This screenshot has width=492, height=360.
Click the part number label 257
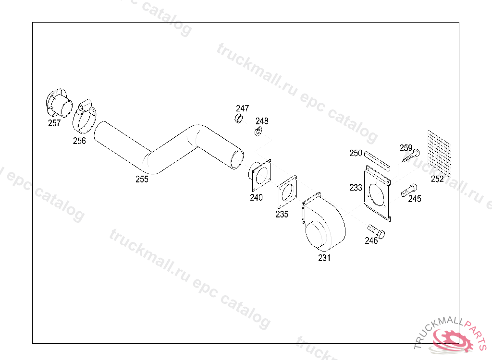point(54,123)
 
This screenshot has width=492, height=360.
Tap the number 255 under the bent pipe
point(142,179)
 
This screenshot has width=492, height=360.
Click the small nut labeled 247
point(239,119)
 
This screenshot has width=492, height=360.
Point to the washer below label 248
point(258,132)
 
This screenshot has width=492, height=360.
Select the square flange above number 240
point(260,175)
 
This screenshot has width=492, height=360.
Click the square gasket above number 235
point(287,192)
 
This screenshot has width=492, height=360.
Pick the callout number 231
point(324,258)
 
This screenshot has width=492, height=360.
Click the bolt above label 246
point(376,231)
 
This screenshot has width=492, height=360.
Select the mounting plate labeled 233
point(378,193)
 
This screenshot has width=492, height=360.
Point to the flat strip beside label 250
point(377,161)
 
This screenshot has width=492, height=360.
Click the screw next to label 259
point(411,156)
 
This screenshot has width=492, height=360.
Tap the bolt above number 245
point(409,190)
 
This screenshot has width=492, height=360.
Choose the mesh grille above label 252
point(440,154)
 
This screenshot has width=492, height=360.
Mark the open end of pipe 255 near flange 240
point(237,159)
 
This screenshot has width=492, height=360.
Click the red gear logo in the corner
point(452,339)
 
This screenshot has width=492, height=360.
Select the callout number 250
point(356,153)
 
